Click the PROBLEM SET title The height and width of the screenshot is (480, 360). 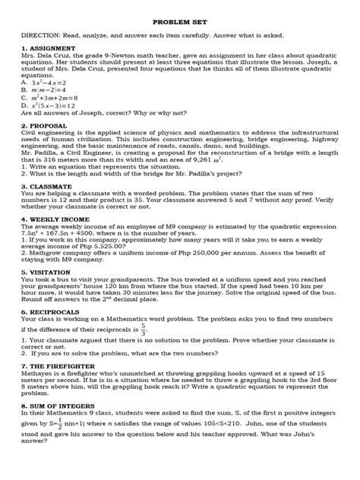point(180,24)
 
